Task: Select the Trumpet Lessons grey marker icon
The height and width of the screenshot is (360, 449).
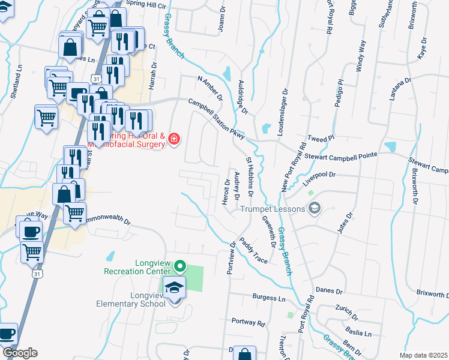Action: pyautogui.click(x=313, y=208)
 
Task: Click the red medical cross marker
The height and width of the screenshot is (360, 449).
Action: pyautogui.click(x=174, y=139)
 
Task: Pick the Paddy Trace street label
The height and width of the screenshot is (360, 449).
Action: pyautogui.click(x=253, y=250)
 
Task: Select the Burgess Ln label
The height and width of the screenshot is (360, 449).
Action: pyautogui.click(x=269, y=298)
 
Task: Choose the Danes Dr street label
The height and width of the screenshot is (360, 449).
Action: pyautogui.click(x=329, y=291)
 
